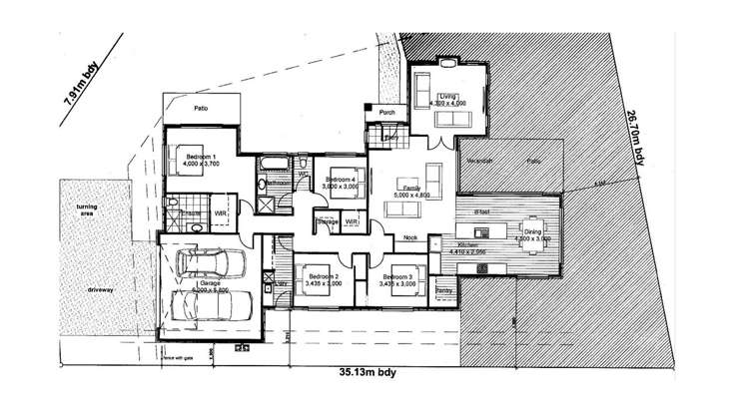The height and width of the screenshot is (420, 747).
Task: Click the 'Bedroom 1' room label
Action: coord(200,157)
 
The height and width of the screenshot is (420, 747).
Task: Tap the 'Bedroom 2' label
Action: coord(323,275)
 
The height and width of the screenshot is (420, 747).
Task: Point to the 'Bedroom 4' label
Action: coord(341,179)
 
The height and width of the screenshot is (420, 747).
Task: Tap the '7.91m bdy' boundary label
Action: coord(80,95)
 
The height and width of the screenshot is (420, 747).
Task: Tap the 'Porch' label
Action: coord(387,113)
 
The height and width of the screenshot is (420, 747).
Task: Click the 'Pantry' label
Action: coord(444,290)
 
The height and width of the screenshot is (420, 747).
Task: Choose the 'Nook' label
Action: coord(409,237)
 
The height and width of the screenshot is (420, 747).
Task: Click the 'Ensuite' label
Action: coord(192,213)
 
